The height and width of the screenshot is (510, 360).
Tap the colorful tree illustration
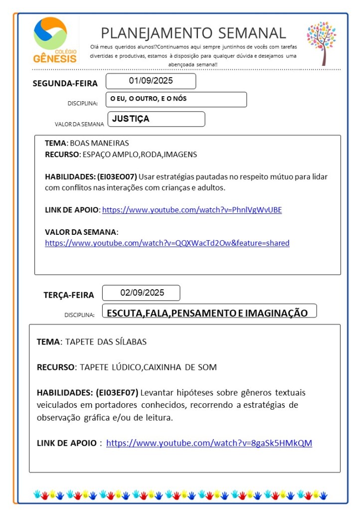322,43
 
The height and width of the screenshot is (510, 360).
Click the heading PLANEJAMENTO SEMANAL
193,33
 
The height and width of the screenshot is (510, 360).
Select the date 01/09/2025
151,81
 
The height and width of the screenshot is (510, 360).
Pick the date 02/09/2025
142,293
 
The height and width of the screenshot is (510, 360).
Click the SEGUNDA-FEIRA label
65,83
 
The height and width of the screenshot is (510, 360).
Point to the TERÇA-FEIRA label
68,295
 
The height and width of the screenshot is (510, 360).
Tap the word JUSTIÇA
131,119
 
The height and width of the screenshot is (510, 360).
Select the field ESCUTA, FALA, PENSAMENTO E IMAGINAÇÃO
207,313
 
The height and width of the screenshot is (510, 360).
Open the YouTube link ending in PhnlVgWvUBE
192,210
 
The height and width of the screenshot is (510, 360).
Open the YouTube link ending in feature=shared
167,243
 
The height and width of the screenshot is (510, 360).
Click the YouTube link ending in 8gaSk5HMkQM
209,443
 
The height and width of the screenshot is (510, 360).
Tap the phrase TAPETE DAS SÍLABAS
106,342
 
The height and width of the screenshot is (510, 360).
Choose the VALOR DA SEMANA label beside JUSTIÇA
79,124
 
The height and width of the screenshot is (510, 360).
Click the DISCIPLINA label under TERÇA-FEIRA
79,315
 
